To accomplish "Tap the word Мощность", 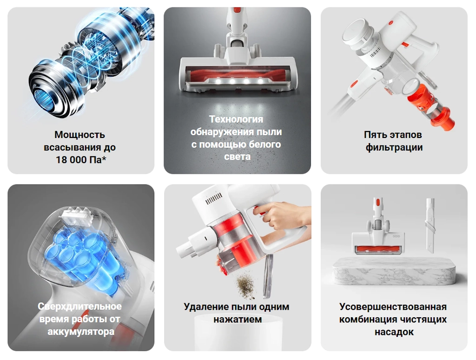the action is [80, 135].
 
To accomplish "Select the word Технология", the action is [236, 119].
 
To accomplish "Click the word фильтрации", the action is [394, 147].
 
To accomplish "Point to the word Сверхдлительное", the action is [80, 306].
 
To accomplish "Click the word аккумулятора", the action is [81, 332].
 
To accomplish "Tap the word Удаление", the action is [206, 307].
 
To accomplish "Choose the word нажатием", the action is [238, 320].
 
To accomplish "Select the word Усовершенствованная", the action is [393, 307].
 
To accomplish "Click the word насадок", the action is [394, 332].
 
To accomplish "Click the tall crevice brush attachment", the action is [430, 224].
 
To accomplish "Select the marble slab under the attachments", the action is [394, 271].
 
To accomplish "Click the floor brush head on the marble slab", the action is [378, 240].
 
